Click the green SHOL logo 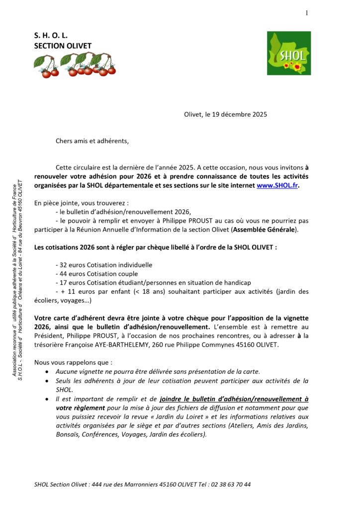(289, 53)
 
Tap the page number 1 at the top (307, 13)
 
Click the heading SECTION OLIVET (63, 46)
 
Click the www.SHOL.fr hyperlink (278, 185)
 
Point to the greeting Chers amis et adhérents (92, 141)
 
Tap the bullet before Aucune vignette (47, 372)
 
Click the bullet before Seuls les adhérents (47, 381)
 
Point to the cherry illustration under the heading (75, 66)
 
